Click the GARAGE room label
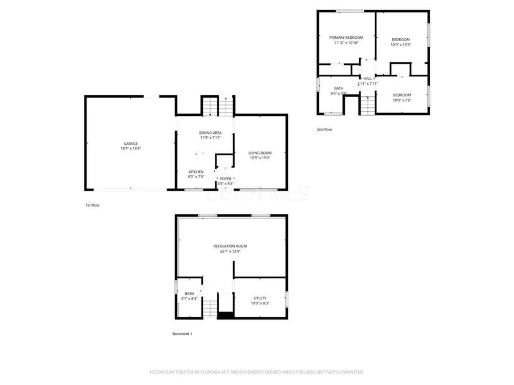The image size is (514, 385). tap(130, 143)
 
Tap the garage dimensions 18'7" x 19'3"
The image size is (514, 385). tap(130, 148)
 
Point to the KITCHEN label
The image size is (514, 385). tap(196, 172)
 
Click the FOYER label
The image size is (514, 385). tap(226, 179)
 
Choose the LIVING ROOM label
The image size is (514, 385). tap(260, 152)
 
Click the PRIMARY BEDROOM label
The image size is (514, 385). tap(346, 38)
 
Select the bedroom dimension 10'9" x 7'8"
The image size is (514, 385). tap(401, 100)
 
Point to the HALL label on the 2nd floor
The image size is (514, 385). tap(368, 78)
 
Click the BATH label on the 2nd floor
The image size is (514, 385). tap(339, 88)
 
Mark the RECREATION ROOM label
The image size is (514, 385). tap(230, 246)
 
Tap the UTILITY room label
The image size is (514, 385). tap(260, 298)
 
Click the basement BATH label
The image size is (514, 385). tap(189, 294)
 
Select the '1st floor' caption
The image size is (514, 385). tap(92, 205)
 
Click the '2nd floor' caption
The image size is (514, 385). tap(324, 129)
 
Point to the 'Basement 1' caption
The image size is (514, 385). tap(182, 334)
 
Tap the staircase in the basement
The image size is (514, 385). tap(211, 308)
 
